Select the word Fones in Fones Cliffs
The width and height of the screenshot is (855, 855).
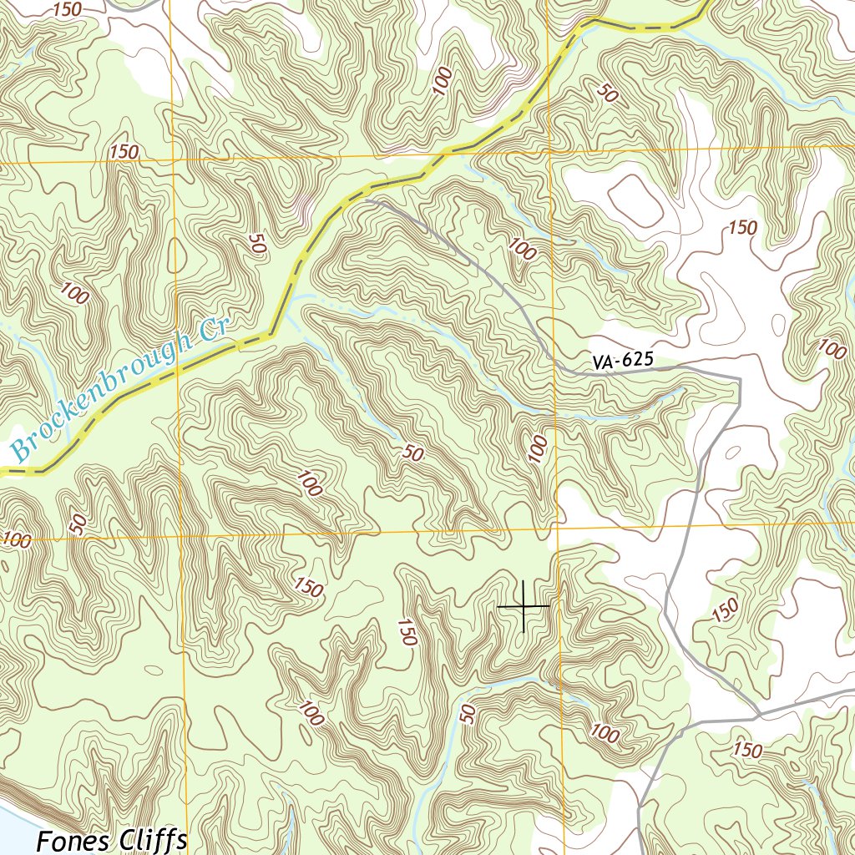[73, 841]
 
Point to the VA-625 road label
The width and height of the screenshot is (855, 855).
[622, 362]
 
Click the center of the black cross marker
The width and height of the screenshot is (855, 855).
[524, 605]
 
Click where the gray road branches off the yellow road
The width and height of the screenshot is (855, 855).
[365, 200]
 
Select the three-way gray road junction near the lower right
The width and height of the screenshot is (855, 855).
[758, 716]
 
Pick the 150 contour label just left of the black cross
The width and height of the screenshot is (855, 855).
[407, 632]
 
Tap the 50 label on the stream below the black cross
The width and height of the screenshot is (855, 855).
[468, 713]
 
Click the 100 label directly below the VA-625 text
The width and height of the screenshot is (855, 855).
[539, 448]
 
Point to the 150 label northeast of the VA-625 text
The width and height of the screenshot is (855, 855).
[742, 228]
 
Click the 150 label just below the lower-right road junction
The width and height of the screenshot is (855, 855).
[746, 750]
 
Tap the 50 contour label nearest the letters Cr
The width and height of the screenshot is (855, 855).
[257, 243]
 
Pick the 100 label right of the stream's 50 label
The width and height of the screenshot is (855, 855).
[604, 735]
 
